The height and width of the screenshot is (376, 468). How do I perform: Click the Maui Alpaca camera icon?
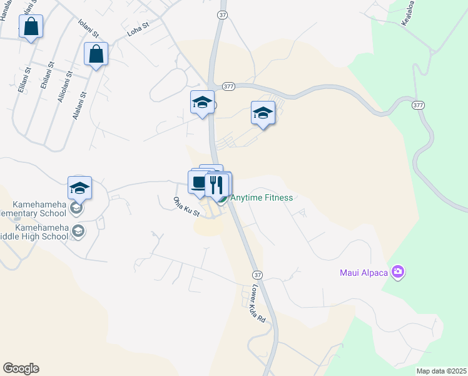[x=397, y=272]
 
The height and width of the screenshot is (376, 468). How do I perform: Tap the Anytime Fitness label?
[x=262, y=198]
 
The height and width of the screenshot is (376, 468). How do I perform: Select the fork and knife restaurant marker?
[x=216, y=185]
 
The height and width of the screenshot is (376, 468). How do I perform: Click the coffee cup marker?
[x=198, y=183]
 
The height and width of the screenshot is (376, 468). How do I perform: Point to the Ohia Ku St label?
[x=186, y=206]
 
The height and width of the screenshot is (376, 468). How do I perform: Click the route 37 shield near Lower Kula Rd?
[x=257, y=275]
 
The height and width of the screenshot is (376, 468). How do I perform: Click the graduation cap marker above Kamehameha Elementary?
[x=79, y=188]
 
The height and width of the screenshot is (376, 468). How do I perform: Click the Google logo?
[x=21, y=368]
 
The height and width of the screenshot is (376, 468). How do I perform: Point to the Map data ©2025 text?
[x=440, y=371]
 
